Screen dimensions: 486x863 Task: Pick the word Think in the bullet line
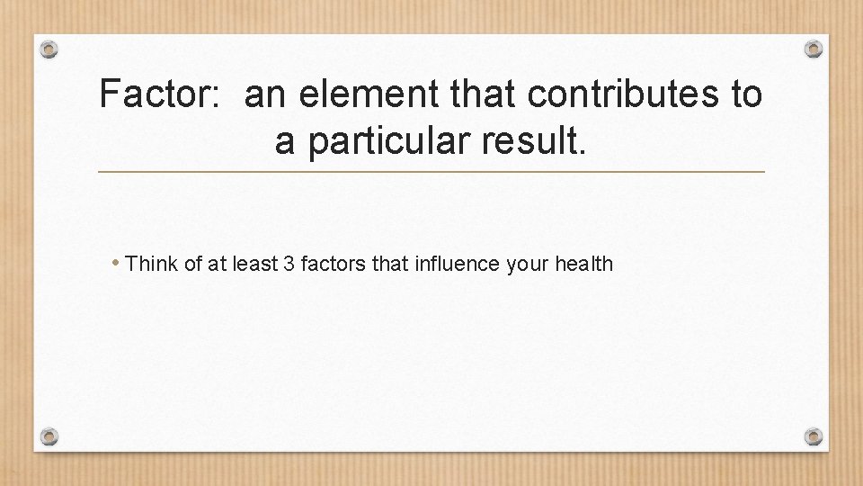152,265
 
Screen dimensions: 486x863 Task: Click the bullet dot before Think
117,264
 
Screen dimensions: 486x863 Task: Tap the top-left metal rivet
50,49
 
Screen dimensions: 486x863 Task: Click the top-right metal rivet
813,49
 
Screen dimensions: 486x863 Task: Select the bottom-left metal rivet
50,436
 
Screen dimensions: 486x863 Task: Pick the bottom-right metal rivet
813,436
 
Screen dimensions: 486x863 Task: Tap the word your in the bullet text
529,265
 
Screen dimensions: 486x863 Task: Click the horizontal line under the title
431,171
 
